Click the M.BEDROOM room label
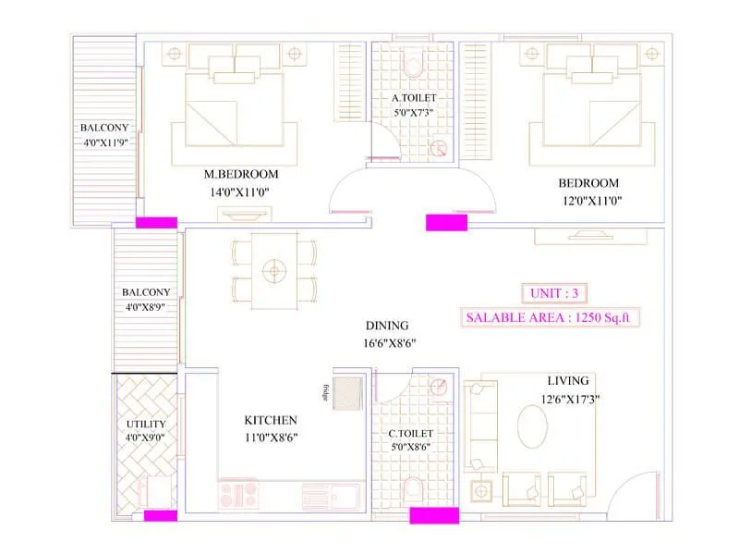(x=240, y=174)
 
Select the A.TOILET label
(x=413, y=97)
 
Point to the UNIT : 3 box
(x=551, y=293)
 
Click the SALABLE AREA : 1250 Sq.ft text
(x=552, y=317)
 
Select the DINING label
(x=386, y=326)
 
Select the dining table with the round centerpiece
(x=273, y=271)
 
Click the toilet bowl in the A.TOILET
(x=413, y=65)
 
